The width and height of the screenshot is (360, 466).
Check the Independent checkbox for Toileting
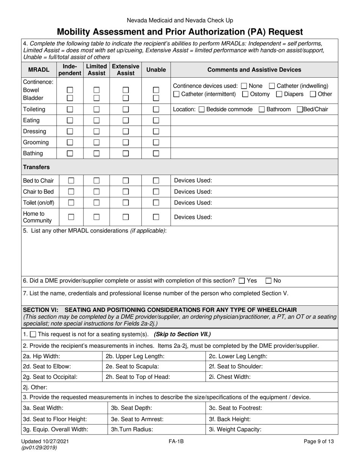pyautogui.click(x=70, y=109)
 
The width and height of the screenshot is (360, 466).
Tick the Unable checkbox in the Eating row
pyautogui.click(x=156, y=120)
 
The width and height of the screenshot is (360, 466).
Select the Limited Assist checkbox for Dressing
pyautogui.click(x=96, y=131)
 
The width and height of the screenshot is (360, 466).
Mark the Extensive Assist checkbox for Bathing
pyautogui.click(x=126, y=153)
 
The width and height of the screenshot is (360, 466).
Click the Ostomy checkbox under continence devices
pyautogui.click(x=245, y=94)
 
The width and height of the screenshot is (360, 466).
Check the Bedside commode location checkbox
pyautogui.click(x=202, y=109)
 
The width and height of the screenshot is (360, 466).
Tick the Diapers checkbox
pyautogui.click(x=279, y=94)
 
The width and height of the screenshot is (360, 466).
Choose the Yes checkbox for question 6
pyautogui.click(x=242, y=281)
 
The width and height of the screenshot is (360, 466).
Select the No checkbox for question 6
pyautogui.click(x=269, y=281)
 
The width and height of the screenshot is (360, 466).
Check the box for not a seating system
pyautogui.click(x=33, y=335)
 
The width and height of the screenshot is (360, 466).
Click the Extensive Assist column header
pyautogui.click(x=125, y=70)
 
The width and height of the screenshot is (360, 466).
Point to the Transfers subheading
pyautogui.click(x=36, y=167)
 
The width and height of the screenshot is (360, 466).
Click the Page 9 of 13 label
pyautogui.click(x=319, y=441)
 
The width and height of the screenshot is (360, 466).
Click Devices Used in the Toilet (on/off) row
pyautogui.click(x=193, y=203)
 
